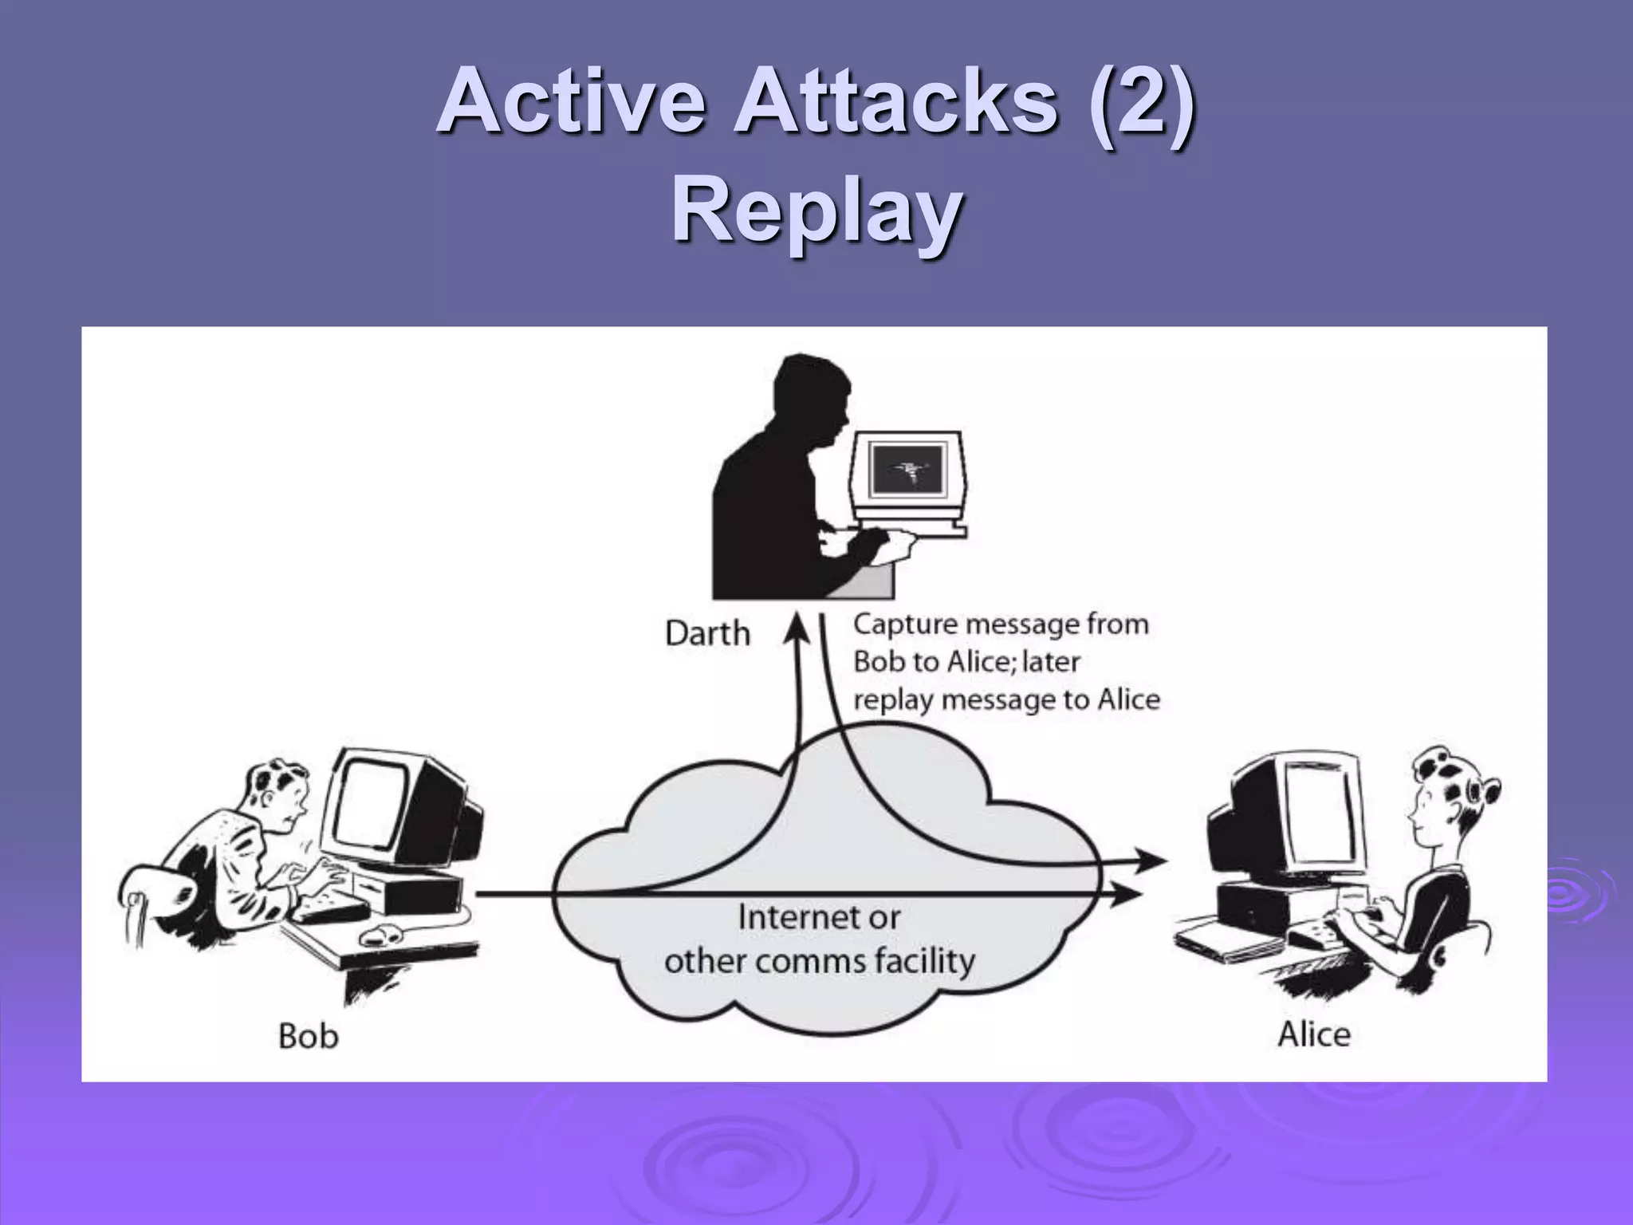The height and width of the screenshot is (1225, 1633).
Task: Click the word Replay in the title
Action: click(x=816, y=211)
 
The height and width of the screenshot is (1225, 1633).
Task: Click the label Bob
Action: click(x=309, y=1037)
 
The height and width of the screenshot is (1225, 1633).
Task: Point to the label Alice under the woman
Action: click(x=1314, y=1034)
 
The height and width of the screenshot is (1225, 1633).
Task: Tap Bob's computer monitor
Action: click(x=375, y=806)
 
